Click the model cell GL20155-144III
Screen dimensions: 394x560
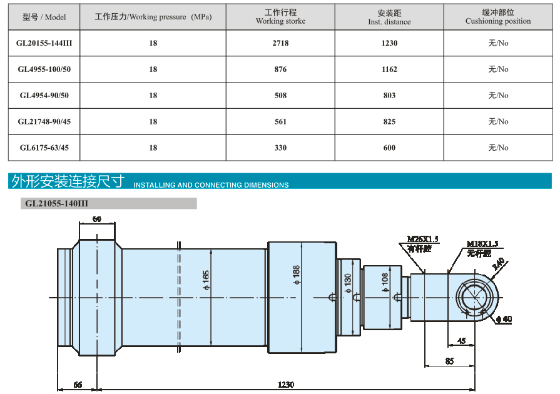(44, 43)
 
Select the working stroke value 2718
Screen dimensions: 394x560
(280, 43)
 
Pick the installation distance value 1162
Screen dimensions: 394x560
(389, 69)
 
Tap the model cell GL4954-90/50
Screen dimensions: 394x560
(44, 96)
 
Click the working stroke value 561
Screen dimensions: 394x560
(280, 122)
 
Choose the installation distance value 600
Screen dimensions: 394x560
(389, 148)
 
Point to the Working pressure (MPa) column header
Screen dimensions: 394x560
(153, 17)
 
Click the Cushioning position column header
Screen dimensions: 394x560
(498, 17)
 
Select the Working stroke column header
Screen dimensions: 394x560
(280, 17)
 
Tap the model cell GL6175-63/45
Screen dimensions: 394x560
(44, 148)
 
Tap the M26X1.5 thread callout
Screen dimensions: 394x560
(423, 239)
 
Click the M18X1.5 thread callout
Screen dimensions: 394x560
(482, 244)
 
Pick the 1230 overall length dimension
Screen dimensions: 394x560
(286, 385)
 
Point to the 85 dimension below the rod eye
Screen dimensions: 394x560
(449, 361)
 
